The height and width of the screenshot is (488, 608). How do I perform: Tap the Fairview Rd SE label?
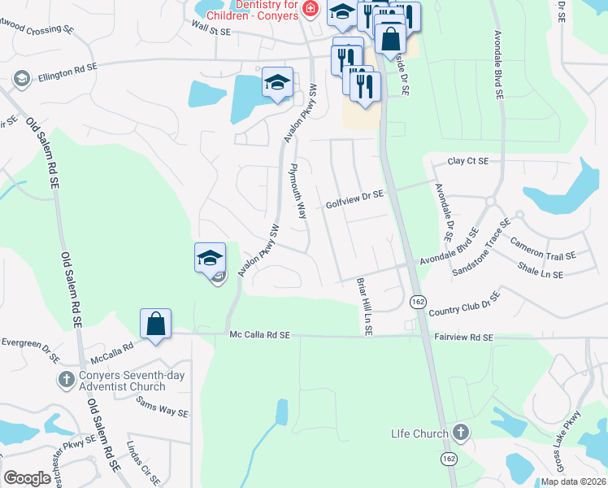click(463, 337)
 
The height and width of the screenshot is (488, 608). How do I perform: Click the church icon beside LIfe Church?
click(461, 431)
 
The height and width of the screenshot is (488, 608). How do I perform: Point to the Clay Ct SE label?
click(467, 161)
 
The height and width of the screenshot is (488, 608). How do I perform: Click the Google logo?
click(27, 478)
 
